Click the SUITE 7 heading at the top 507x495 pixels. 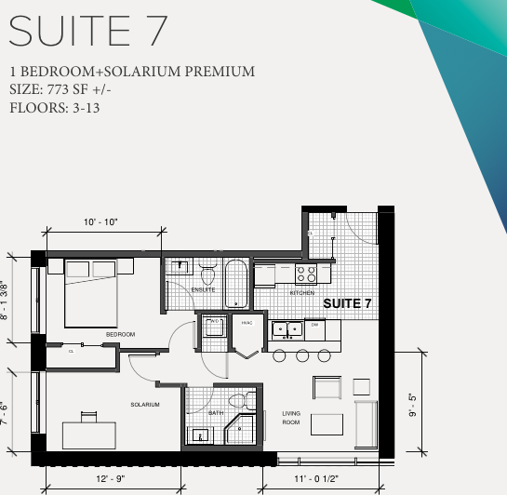[x=88, y=30]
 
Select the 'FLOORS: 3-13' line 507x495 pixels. [x=55, y=107]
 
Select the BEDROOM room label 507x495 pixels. [x=120, y=334]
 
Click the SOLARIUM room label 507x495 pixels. [x=145, y=405]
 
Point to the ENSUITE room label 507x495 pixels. [x=203, y=289]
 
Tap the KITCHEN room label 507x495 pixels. [x=302, y=292]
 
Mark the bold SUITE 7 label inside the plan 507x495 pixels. [x=347, y=304]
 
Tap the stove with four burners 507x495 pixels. [x=306, y=274]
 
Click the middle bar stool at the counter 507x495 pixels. [x=301, y=355]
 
